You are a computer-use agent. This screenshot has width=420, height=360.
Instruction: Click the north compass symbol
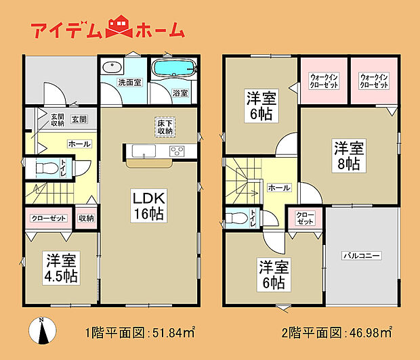(42, 331)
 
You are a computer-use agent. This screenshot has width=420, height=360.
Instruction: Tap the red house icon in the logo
(119, 26)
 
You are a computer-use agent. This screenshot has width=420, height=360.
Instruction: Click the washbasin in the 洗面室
(112, 66)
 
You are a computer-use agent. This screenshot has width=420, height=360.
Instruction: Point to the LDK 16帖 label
(149, 206)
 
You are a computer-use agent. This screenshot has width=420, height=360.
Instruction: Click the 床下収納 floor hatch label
(165, 127)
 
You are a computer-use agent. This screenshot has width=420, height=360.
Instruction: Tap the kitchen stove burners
(177, 151)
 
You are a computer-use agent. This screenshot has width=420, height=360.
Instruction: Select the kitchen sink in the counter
(144, 151)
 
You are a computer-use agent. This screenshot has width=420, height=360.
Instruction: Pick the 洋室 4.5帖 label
(62, 268)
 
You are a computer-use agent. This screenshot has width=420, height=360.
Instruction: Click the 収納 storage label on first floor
(86, 218)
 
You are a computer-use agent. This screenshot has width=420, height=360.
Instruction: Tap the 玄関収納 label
(58, 120)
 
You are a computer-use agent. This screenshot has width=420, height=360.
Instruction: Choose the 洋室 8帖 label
(349, 156)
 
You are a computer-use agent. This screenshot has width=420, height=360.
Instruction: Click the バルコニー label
(362, 256)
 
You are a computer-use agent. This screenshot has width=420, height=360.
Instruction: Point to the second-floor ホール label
(279, 187)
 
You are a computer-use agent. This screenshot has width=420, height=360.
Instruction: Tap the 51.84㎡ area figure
(173, 333)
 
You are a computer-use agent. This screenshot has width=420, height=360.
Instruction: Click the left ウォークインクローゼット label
(324, 81)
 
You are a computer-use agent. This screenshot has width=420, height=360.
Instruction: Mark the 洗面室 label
(129, 83)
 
